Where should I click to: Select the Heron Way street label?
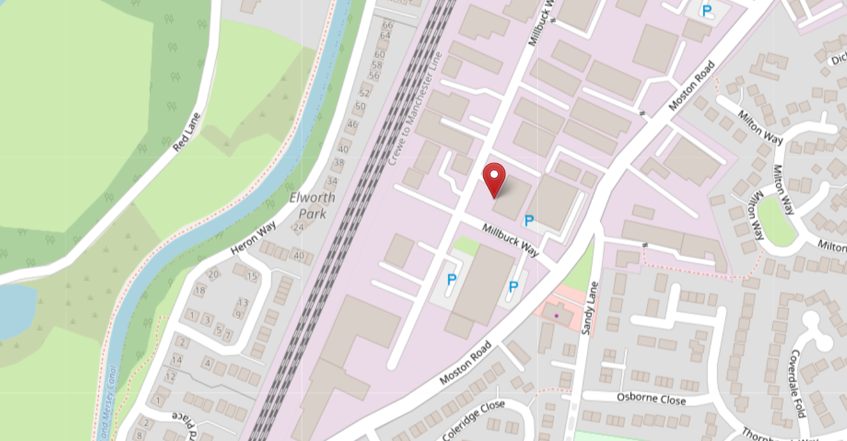pos(254,237)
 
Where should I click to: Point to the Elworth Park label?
pos(312,205)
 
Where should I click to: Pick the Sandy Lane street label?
pos(589,308)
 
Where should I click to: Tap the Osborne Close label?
pos(651,399)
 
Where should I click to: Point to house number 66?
pos(388,25)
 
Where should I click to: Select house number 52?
pos(364,93)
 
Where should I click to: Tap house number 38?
pos(339,162)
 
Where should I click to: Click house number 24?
pos(298,228)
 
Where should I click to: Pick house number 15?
pos(252,276)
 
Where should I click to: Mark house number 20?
pos(213,274)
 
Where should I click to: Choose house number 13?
pos(243,302)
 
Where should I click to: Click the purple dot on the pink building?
pos(556,316)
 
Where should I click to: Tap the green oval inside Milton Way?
pos(776,222)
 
